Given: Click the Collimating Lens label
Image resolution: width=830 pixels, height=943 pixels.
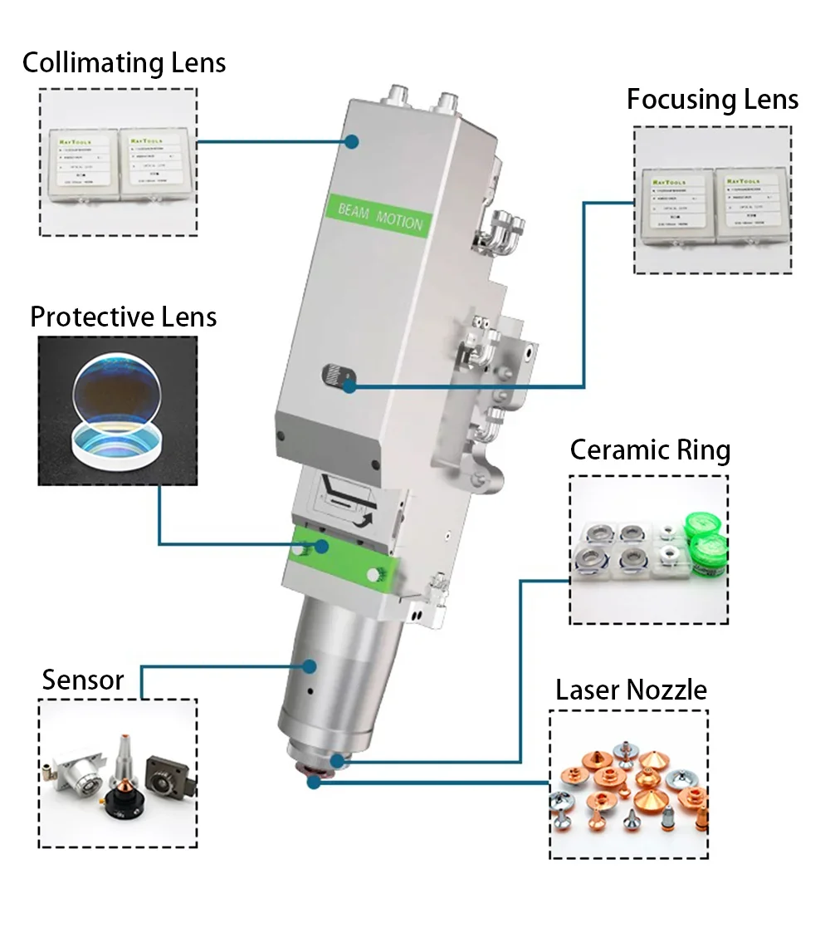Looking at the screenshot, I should click(x=124, y=63).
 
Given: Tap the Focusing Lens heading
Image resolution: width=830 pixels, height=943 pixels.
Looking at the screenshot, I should click(x=712, y=100).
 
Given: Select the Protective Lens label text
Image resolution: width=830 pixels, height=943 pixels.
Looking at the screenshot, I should click(x=123, y=317).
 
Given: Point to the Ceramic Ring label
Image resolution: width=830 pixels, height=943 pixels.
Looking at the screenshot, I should click(x=650, y=450).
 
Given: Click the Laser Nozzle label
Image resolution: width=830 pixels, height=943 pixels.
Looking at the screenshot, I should click(x=631, y=690).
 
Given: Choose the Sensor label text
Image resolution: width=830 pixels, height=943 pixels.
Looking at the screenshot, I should click(x=83, y=680).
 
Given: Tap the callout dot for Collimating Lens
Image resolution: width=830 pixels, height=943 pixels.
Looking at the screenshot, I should click(x=352, y=142).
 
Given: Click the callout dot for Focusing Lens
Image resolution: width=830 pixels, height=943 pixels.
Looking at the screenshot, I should click(x=350, y=385).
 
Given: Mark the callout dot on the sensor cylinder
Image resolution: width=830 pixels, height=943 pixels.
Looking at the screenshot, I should click(x=310, y=666).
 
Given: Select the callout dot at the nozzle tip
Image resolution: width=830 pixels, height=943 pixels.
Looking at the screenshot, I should click(x=313, y=782).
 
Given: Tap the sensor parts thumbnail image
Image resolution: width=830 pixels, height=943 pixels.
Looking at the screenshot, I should click(x=118, y=773).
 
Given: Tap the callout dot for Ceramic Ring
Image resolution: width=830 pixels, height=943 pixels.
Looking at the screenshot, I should click(x=336, y=760).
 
